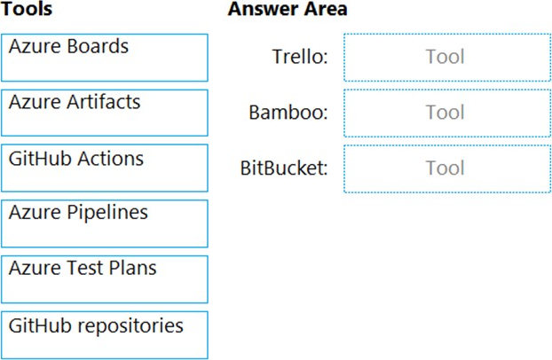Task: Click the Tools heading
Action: coord(27,9)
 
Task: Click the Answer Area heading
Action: coord(288,9)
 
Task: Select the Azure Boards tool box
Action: coord(105,58)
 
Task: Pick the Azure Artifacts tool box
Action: coord(105,113)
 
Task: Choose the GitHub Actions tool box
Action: coord(105,168)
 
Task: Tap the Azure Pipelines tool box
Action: coord(105,223)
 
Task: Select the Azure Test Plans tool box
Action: coord(105,279)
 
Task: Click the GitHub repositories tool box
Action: coord(105,335)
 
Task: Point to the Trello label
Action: coord(300,56)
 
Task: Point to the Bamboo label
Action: coord(288,113)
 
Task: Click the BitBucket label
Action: coord(284,168)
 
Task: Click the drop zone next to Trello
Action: coord(447,58)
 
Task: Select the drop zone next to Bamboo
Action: coord(447,113)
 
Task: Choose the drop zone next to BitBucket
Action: coord(447,168)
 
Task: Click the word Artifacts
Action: coord(104,102)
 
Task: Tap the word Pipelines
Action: coord(107,214)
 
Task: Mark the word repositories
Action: coord(130,326)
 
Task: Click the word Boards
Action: coord(98,46)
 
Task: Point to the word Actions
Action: coord(110,158)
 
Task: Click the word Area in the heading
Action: coord(326,9)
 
